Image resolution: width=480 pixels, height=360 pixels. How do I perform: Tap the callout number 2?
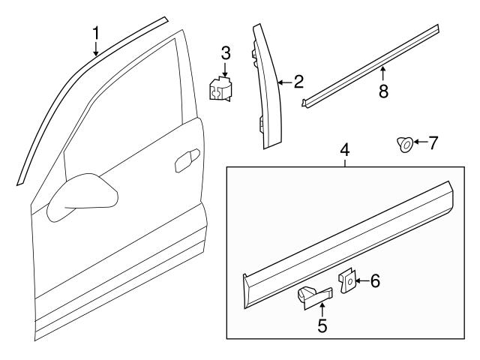298,82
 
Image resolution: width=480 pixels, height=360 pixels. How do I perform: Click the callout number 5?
322,327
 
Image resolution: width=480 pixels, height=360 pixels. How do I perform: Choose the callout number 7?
432,142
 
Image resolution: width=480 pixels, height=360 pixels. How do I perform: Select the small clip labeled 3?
221,91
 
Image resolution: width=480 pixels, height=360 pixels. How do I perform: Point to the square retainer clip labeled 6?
349,282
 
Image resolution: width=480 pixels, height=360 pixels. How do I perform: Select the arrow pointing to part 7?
418,142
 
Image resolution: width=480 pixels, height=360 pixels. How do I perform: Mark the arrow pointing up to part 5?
322,309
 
